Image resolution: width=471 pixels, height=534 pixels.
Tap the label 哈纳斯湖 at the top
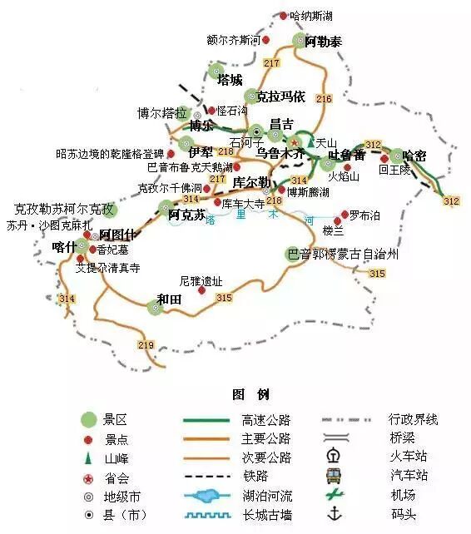click(310, 16)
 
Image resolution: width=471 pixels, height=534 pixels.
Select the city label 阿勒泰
click(323, 41)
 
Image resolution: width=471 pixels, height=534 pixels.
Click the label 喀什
click(63, 246)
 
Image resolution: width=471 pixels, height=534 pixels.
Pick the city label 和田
click(169, 299)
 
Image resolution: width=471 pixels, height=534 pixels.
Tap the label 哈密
click(414, 155)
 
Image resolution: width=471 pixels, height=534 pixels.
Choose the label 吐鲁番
click(347, 155)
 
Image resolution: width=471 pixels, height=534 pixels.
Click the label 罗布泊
click(364, 215)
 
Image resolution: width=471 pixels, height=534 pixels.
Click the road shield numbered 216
click(324, 99)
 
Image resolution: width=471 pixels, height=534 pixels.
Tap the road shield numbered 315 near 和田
click(224, 298)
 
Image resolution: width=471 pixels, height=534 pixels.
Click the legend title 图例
click(250, 393)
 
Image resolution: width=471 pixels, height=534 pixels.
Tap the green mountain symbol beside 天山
click(310, 143)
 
